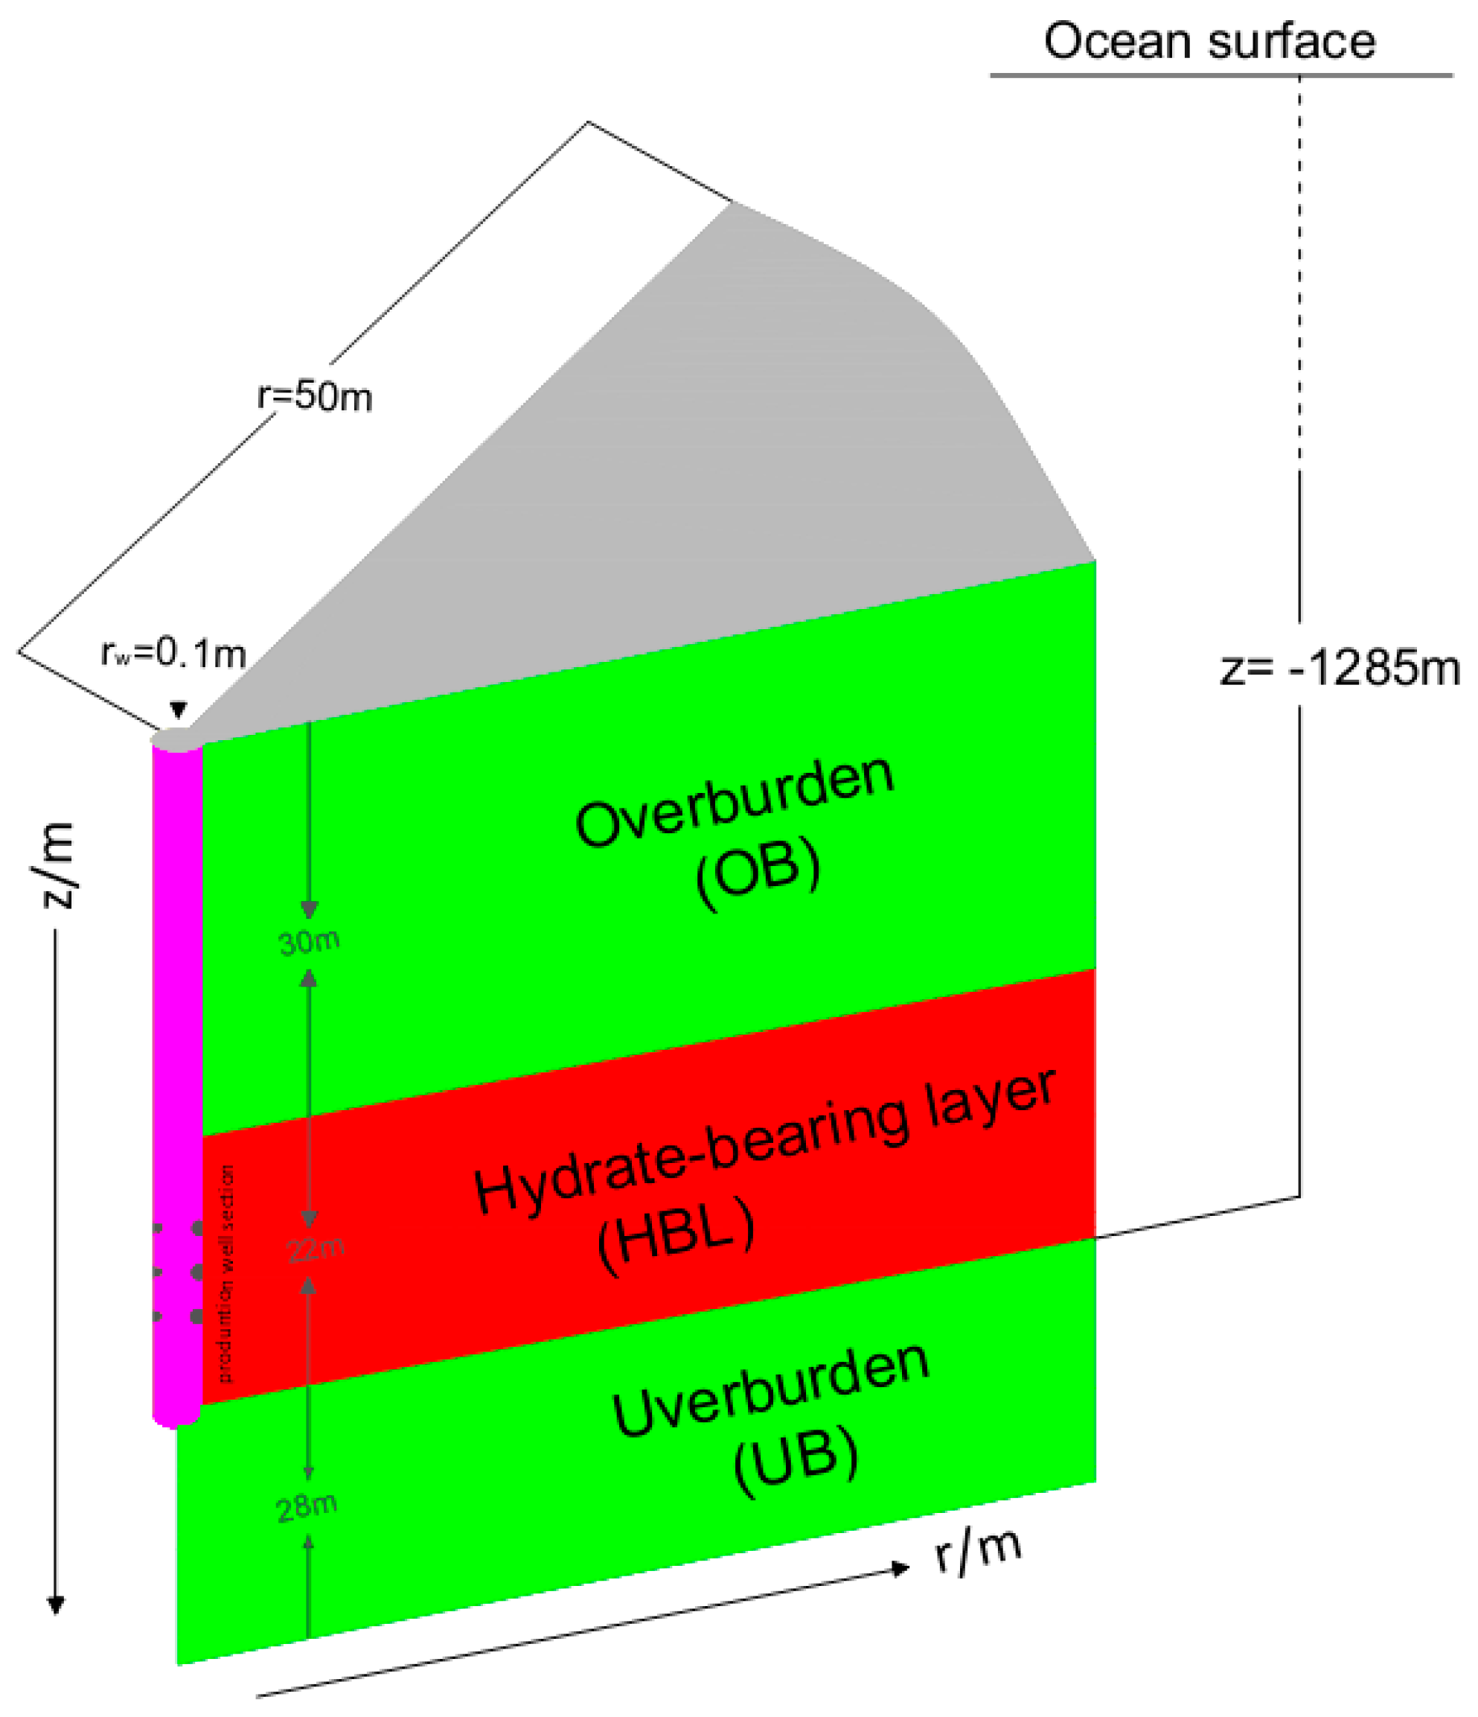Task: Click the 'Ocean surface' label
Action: pyautogui.click(x=1209, y=42)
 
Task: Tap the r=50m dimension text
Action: pyautogui.click(x=315, y=397)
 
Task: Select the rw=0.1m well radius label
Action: pyautogui.click(x=174, y=654)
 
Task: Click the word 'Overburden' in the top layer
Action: pyautogui.click(x=736, y=800)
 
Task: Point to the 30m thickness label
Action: pyautogui.click(x=309, y=942)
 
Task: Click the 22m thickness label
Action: pyautogui.click(x=315, y=1249)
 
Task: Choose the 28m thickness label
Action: pyautogui.click(x=307, y=1506)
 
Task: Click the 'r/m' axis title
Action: pyautogui.click(x=978, y=1550)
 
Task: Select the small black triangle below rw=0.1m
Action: pyautogui.click(x=178, y=710)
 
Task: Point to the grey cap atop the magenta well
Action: pyautogui.click(x=176, y=739)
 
